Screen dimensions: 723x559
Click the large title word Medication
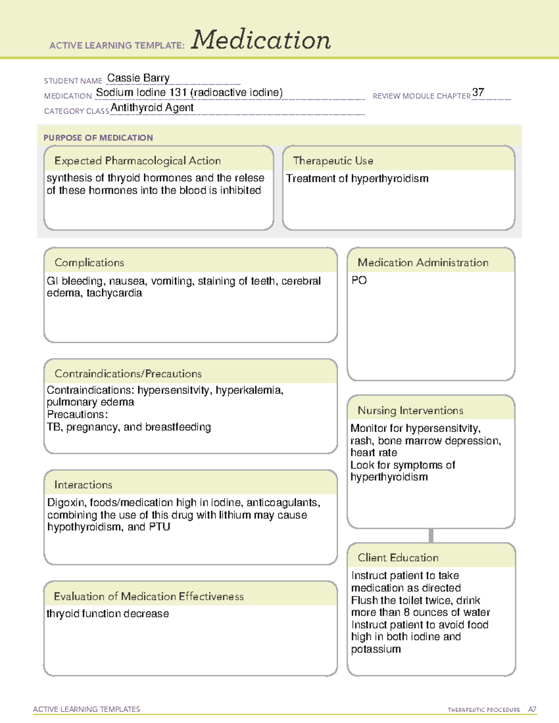point(261,40)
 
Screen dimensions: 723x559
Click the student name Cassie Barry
point(138,78)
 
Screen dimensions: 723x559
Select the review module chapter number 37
point(478,92)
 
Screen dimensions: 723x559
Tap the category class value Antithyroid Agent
point(152,108)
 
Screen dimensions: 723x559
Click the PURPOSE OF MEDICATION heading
point(98,138)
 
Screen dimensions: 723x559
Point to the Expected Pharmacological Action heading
point(137,161)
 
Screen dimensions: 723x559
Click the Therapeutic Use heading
point(333,161)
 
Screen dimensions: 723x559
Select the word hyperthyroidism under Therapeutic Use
point(389,179)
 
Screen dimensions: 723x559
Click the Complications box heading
point(89,263)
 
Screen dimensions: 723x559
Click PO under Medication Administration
point(359,280)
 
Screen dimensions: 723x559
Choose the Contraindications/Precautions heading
point(128,374)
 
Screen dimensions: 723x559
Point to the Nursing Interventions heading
point(410,411)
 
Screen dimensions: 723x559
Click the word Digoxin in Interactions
point(66,503)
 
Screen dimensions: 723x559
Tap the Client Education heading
point(398,558)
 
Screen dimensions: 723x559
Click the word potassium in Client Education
point(376,649)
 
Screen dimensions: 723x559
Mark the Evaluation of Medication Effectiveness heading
point(149,596)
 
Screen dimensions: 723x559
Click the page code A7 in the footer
point(532,709)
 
